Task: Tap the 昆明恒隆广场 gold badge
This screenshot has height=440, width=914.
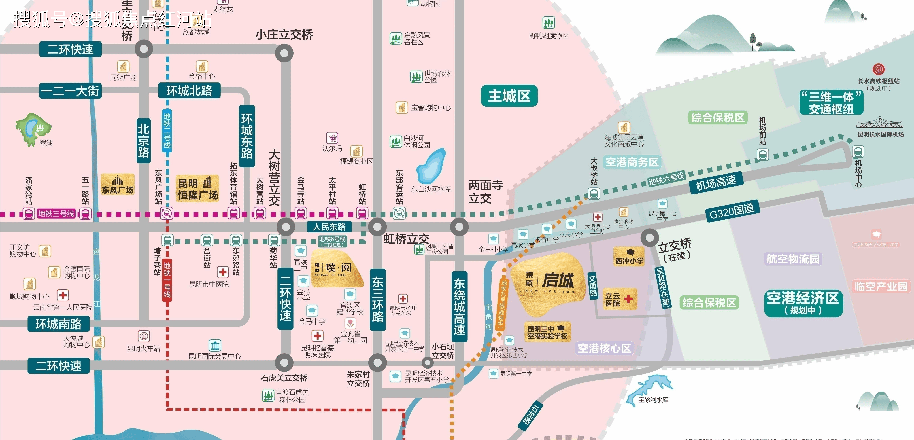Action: [x=198, y=189]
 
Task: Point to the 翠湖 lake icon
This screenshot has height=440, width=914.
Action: [x=33, y=128]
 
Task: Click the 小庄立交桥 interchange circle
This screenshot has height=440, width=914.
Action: [x=284, y=53]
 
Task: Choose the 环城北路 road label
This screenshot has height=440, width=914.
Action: [x=189, y=91]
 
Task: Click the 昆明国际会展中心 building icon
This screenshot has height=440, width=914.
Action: [x=215, y=345]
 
